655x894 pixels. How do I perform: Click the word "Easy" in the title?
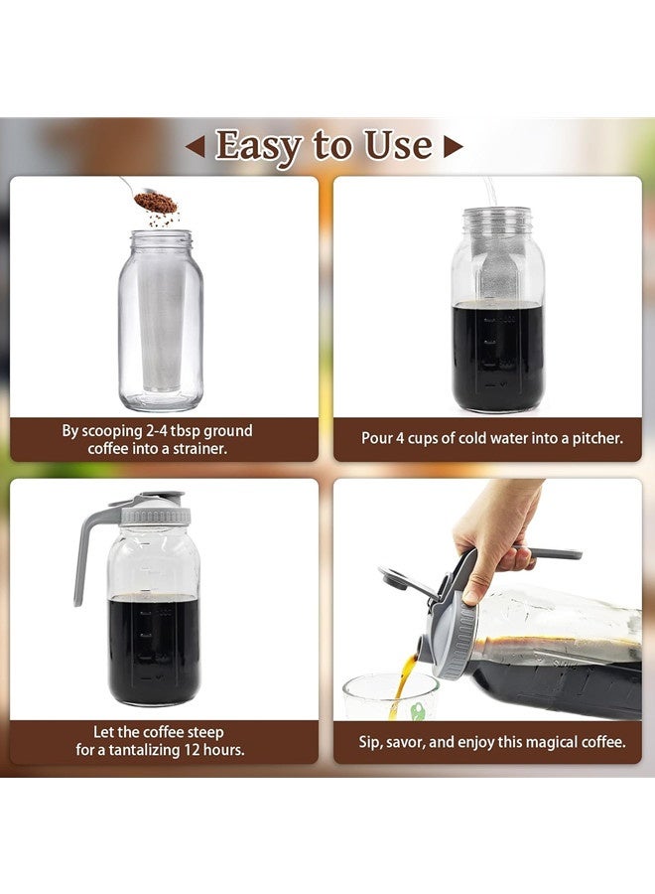(x=259, y=146)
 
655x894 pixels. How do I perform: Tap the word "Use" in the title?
(x=398, y=146)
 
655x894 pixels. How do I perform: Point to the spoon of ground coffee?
(x=154, y=202)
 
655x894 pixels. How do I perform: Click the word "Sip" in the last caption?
(x=372, y=741)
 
